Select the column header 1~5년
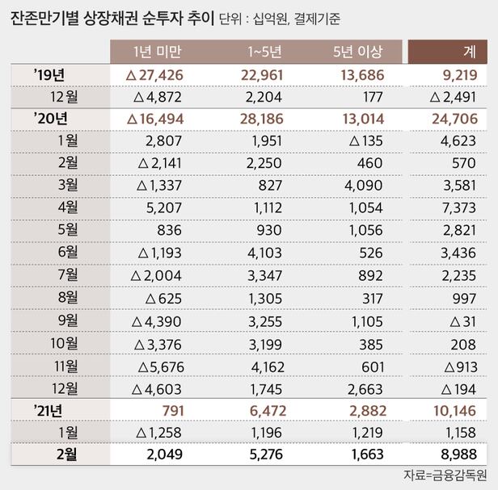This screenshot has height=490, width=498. point(264,52)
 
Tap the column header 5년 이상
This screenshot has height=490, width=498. point(357,52)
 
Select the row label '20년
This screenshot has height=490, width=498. point(50,119)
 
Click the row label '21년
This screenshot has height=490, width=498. point(50,410)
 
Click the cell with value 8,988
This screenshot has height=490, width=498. point(458,454)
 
